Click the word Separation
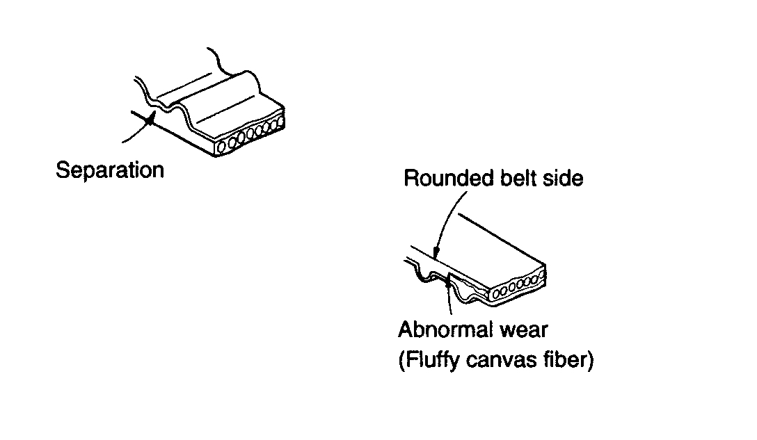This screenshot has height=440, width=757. click(x=110, y=170)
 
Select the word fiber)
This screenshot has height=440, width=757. click(x=568, y=361)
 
